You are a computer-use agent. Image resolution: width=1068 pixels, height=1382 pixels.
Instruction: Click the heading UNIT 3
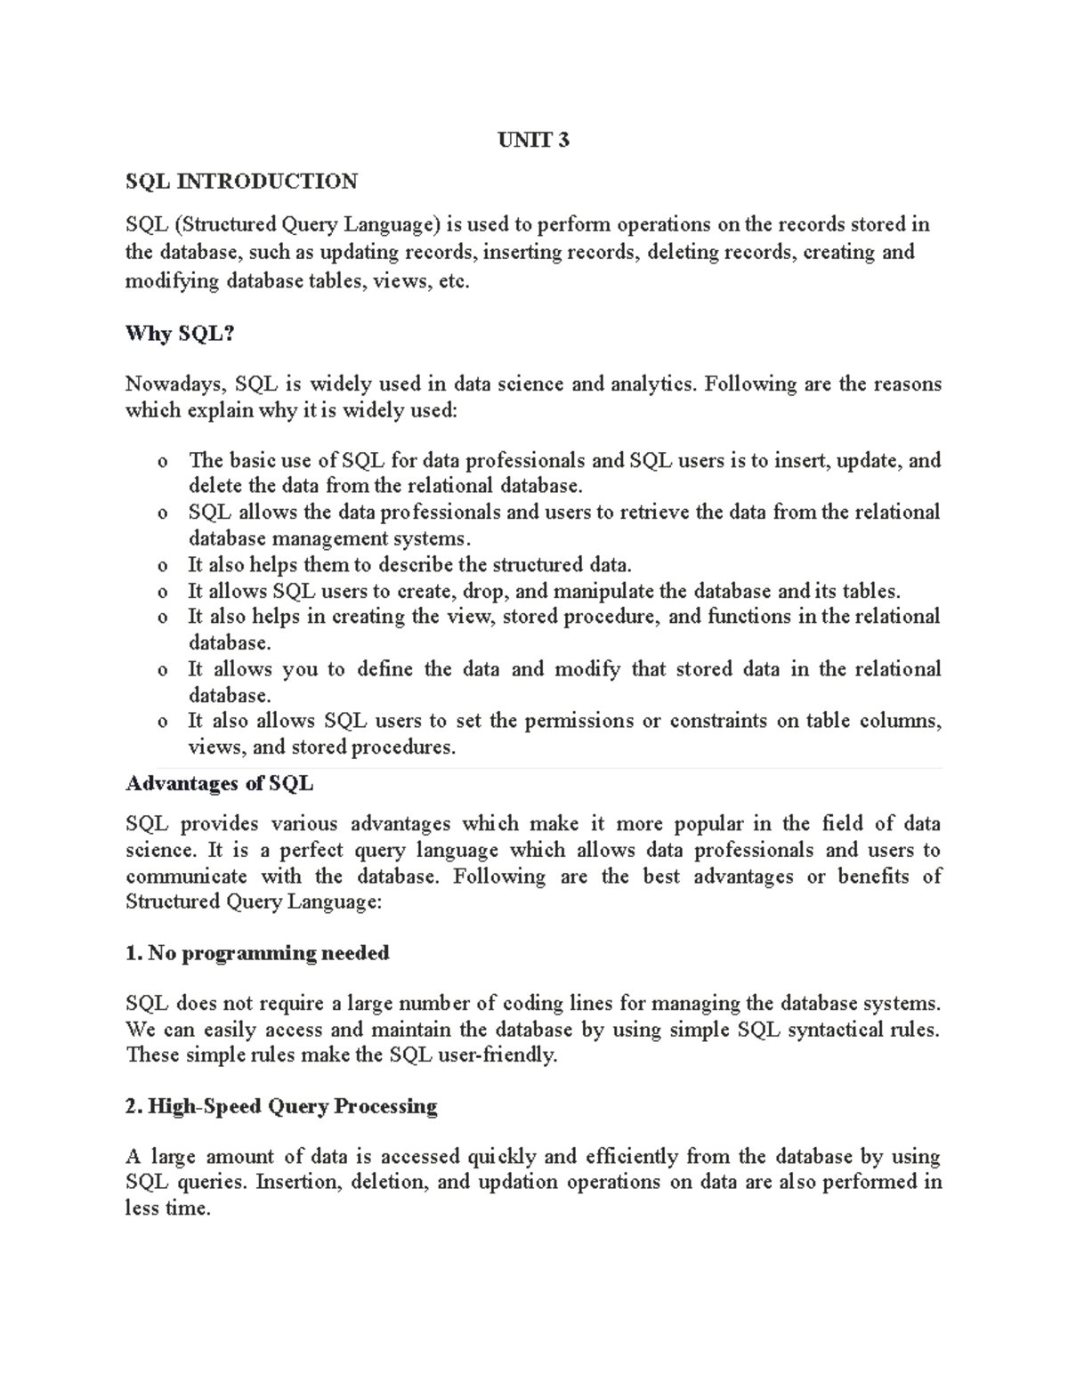(534, 140)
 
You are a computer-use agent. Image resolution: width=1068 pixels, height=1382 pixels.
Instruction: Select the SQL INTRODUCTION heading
(241, 182)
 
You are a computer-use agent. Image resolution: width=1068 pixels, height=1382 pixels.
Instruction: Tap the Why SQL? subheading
(179, 334)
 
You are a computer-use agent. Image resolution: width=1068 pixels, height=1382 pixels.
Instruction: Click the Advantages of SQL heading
(219, 784)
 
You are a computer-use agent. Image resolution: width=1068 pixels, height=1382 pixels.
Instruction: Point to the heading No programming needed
(257, 953)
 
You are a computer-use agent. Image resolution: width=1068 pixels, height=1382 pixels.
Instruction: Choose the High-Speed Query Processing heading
(281, 1106)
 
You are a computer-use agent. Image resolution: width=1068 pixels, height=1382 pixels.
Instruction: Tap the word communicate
(186, 877)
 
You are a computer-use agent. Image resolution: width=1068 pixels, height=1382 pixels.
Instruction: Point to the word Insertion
(296, 1182)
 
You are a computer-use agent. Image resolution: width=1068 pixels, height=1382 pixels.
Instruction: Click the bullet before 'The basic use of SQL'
(161, 462)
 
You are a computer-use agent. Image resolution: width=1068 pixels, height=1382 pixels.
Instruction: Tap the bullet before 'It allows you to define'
(161, 670)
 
